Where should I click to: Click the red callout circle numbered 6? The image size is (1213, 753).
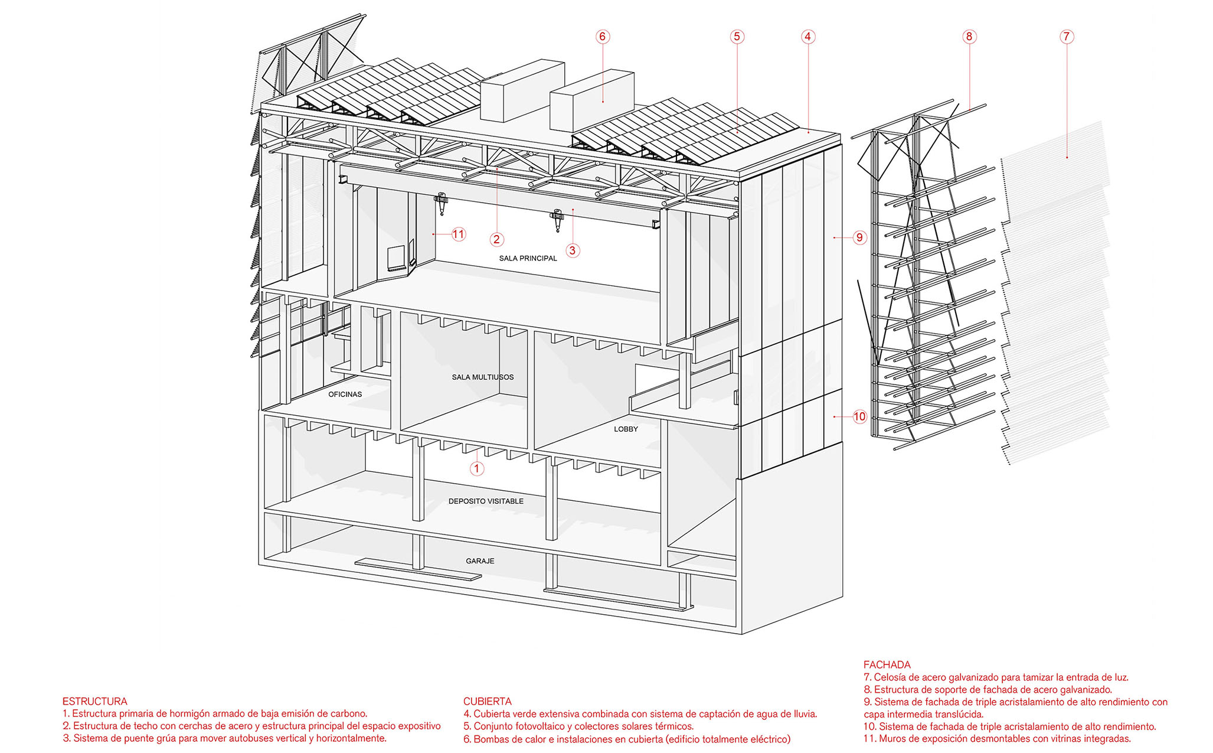click(602, 37)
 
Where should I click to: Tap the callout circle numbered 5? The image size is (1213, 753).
click(736, 37)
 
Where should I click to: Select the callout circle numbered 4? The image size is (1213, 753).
click(808, 37)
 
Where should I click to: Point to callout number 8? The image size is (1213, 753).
click(969, 37)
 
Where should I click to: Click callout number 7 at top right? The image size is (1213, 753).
click(1066, 37)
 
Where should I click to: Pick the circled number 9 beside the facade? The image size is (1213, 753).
click(859, 237)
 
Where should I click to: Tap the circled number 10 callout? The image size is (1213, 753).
click(859, 416)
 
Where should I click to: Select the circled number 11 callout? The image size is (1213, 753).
click(459, 234)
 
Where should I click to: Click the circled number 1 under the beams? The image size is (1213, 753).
click(477, 468)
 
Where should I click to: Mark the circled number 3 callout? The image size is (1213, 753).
click(572, 250)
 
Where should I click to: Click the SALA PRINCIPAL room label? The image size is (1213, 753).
click(528, 258)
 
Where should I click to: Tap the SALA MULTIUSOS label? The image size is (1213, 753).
click(483, 377)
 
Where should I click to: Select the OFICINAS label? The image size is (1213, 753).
click(345, 394)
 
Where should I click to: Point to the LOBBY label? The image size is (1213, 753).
click(626, 429)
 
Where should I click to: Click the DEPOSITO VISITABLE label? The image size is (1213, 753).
click(486, 501)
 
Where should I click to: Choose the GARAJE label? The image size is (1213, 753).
click(480, 560)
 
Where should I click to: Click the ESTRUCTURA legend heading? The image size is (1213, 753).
click(94, 701)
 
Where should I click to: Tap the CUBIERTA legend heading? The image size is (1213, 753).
click(487, 701)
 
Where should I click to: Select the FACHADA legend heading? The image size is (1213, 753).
click(887, 664)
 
